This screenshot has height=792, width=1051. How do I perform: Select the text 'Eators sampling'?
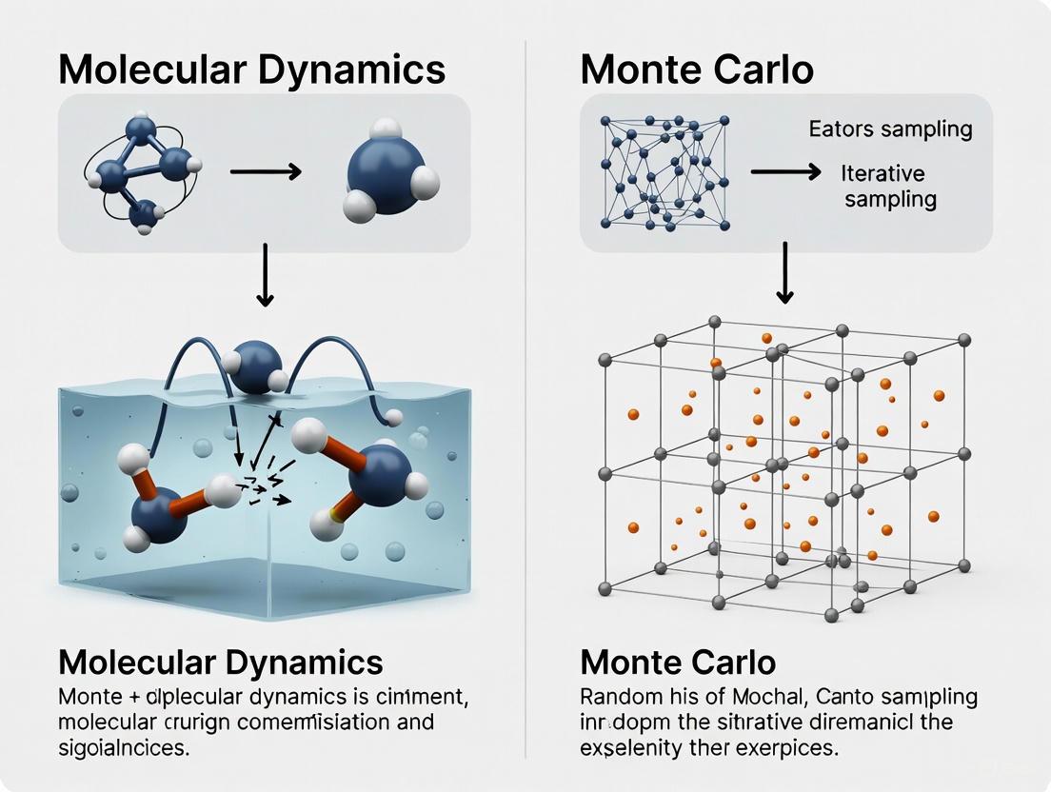(x=890, y=129)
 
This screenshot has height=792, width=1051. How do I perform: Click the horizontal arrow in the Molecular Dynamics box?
(x=266, y=172)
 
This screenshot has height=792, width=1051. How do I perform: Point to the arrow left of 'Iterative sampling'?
(x=785, y=172)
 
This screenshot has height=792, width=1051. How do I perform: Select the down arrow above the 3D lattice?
(x=784, y=273)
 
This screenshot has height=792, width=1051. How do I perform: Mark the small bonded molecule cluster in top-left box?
(x=141, y=172)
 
